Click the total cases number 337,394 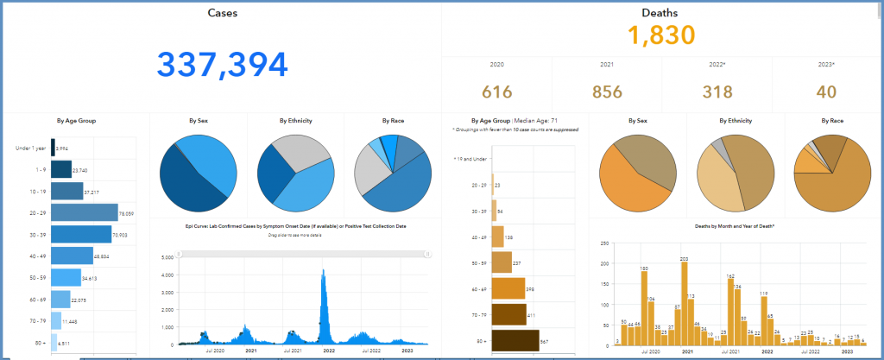[222, 66]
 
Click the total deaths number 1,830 [661, 36]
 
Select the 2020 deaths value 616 [497, 92]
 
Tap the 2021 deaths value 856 [606, 92]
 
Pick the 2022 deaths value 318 [717, 92]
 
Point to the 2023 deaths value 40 [827, 92]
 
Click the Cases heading [223, 13]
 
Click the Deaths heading [660, 13]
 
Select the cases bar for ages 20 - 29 [83, 212]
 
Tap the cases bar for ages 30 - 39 [80, 234]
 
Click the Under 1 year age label [31, 148]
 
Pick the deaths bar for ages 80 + [515, 341]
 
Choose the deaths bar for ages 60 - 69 [508, 287]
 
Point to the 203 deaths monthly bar [684, 302]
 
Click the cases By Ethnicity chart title [295, 120]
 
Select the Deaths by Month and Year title [735, 224]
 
